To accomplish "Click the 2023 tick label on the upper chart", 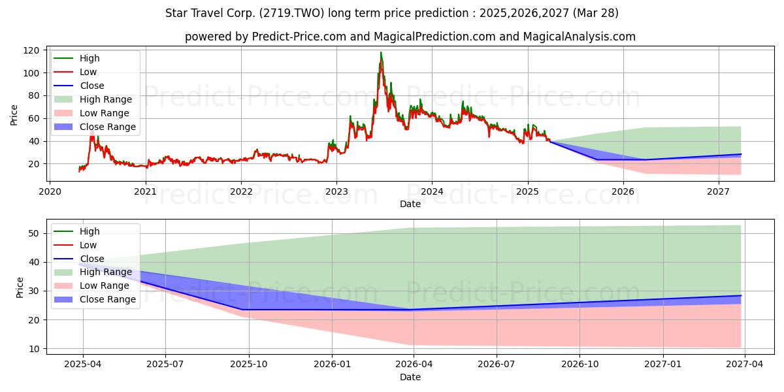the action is [x=336, y=192].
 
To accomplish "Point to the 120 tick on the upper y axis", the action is [x=31, y=50].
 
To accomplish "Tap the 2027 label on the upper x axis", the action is [x=718, y=192].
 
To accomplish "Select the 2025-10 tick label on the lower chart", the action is [x=249, y=365].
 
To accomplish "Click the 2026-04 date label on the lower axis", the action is [x=414, y=365].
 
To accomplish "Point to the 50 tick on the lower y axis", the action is [x=33, y=233].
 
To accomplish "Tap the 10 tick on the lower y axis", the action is [x=33, y=349].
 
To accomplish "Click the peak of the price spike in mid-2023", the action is [x=381, y=52].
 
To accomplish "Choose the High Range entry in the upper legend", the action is [x=93, y=99].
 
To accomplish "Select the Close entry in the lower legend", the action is [x=79, y=259].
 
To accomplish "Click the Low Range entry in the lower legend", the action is [x=91, y=286].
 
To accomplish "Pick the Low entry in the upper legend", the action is [x=75, y=72].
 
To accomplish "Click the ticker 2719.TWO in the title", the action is [x=291, y=13].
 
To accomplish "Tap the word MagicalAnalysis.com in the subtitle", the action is [x=580, y=37].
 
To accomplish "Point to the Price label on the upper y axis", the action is [x=14, y=115].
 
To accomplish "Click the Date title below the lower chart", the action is [x=410, y=378].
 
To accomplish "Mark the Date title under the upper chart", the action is [x=410, y=204].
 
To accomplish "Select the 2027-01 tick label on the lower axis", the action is [x=663, y=365].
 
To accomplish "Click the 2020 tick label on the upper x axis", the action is [x=50, y=192].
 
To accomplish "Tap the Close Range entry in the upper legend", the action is [x=95, y=127].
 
